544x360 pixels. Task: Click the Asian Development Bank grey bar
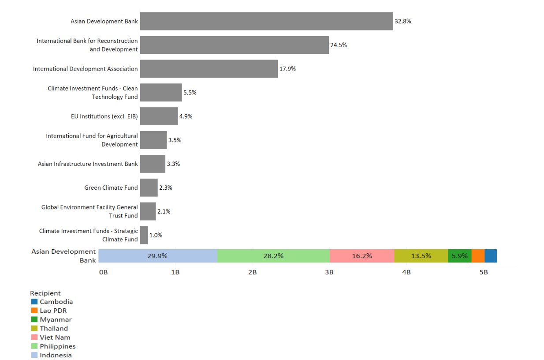tap(266, 21)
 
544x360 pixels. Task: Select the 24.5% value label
tap(339, 45)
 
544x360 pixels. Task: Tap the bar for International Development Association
tap(209, 69)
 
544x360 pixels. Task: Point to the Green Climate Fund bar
tap(149, 187)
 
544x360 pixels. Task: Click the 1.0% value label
tap(156, 235)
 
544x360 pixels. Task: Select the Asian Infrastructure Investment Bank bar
tap(153, 164)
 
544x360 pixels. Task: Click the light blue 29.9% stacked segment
tap(157, 256)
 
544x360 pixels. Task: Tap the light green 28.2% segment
tap(273, 256)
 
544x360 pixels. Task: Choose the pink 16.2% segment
tap(361, 256)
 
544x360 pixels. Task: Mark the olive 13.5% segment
tap(421, 256)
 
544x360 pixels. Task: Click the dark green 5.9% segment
tap(459, 256)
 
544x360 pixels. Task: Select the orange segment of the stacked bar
tap(478, 256)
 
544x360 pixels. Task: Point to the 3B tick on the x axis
tap(329, 272)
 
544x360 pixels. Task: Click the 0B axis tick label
tap(103, 272)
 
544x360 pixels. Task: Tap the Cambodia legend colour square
tap(34, 302)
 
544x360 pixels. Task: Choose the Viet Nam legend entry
tap(55, 337)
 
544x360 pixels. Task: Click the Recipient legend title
tap(45, 293)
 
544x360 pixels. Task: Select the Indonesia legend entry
tap(56, 355)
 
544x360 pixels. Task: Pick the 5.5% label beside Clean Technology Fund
tap(190, 93)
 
